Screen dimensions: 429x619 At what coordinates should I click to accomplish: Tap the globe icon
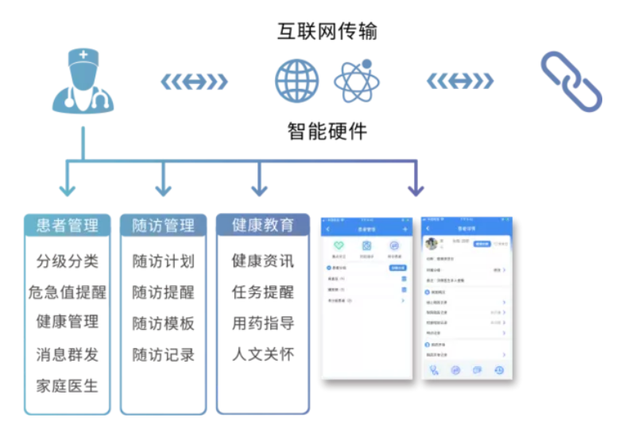(x=296, y=80)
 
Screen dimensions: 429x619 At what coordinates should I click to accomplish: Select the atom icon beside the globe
(x=356, y=80)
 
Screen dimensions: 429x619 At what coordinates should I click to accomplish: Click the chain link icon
(x=571, y=81)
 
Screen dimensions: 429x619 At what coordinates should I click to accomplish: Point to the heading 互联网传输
(x=327, y=31)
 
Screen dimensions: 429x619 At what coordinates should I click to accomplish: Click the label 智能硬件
(x=327, y=131)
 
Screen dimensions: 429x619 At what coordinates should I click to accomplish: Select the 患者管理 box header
(x=67, y=225)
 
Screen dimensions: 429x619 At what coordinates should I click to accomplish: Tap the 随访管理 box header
(x=163, y=225)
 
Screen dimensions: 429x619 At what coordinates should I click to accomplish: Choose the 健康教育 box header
(x=263, y=224)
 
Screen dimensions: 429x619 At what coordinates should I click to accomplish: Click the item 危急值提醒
(x=67, y=292)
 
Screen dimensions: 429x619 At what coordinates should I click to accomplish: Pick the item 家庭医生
(x=67, y=386)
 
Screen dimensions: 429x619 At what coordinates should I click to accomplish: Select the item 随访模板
(x=163, y=323)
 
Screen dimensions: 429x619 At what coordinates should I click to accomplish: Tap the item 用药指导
(x=263, y=323)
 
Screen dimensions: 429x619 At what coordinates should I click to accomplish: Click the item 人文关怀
(x=263, y=354)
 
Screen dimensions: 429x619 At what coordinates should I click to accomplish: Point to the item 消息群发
(x=67, y=354)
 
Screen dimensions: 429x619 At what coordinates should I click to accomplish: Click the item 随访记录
(x=163, y=354)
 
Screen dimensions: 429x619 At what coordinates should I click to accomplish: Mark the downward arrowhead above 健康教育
(x=259, y=189)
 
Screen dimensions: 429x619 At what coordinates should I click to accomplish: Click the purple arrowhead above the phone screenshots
(x=415, y=189)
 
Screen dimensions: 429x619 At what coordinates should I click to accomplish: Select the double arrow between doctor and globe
(x=194, y=81)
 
